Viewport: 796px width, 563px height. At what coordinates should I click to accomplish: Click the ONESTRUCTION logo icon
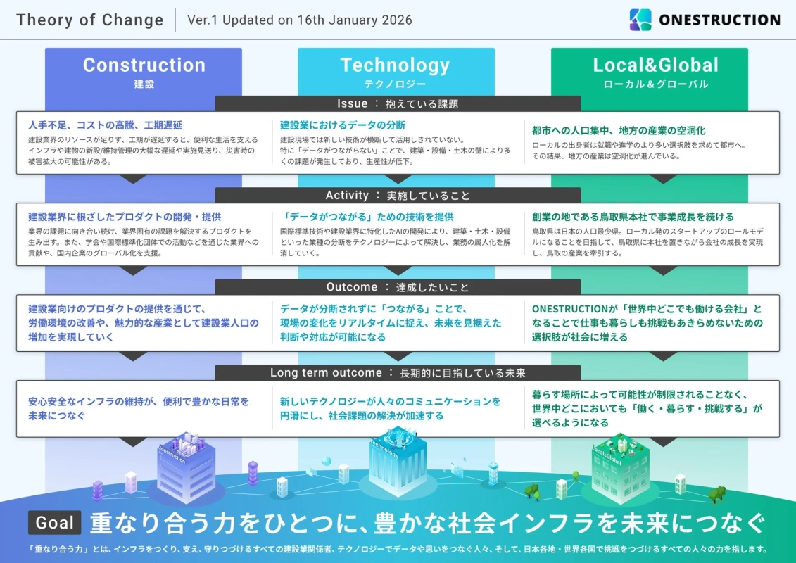pyautogui.click(x=640, y=20)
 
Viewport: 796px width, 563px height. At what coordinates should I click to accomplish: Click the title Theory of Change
pyautogui.click(x=89, y=20)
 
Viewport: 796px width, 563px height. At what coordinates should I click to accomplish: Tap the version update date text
pyautogui.click(x=300, y=20)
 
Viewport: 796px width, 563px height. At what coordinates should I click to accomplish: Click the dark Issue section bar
pyautogui.click(x=398, y=103)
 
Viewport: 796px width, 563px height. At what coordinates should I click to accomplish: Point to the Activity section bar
pyautogui.click(x=398, y=195)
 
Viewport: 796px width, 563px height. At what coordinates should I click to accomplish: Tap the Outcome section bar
pyautogui.click(x=398, y=287)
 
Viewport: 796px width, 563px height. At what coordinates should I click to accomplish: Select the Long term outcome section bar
pyautogui.click(x=398, y=372)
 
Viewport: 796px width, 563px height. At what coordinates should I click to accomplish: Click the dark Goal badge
pyautogui.click(x=55, y=523)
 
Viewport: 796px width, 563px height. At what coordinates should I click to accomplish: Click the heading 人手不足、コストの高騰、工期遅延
pyautogui.click(x=105, y=125)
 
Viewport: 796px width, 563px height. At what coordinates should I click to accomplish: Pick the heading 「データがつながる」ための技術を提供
pyautogui.click(x=367, y=217)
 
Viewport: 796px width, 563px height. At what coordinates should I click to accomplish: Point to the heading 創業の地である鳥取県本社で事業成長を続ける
pyautogui.click(x=633, y=217)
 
